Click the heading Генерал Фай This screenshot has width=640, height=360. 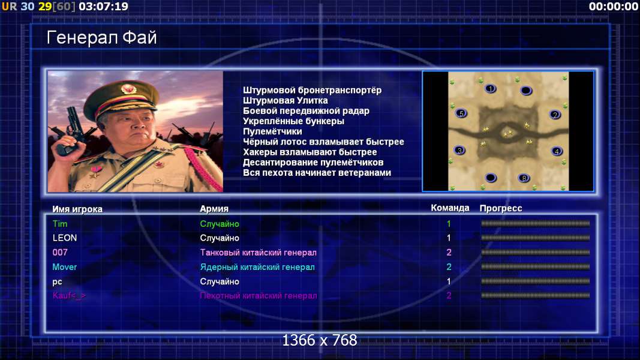click(101, 38)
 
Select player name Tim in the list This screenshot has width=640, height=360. click(60, 224)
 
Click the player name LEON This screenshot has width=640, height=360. click(65, 238)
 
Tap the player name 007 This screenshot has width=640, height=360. click(60, 252)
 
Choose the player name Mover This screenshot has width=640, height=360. click(65, 267)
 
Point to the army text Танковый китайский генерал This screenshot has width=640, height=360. click(259, 253)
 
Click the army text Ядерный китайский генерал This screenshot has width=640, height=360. click(257, 268)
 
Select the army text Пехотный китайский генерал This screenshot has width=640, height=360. click(259, 296)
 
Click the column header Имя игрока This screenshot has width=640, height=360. click(77, 209)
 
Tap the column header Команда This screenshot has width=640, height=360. click(450, 208)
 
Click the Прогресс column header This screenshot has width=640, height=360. click(501, 208)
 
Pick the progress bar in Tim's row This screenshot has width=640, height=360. click(535, 224)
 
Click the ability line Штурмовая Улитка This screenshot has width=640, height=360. click(286, 100)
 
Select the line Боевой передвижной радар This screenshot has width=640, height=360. click(306, 111)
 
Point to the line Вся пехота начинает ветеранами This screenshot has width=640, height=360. click(317, 173)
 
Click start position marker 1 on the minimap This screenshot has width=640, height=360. click(490, 88)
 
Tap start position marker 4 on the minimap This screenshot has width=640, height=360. click(557, 151)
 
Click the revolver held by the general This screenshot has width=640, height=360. click(73, 131)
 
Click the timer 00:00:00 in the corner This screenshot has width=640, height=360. click(614, 7)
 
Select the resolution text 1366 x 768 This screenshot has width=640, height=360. click(320, 340)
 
